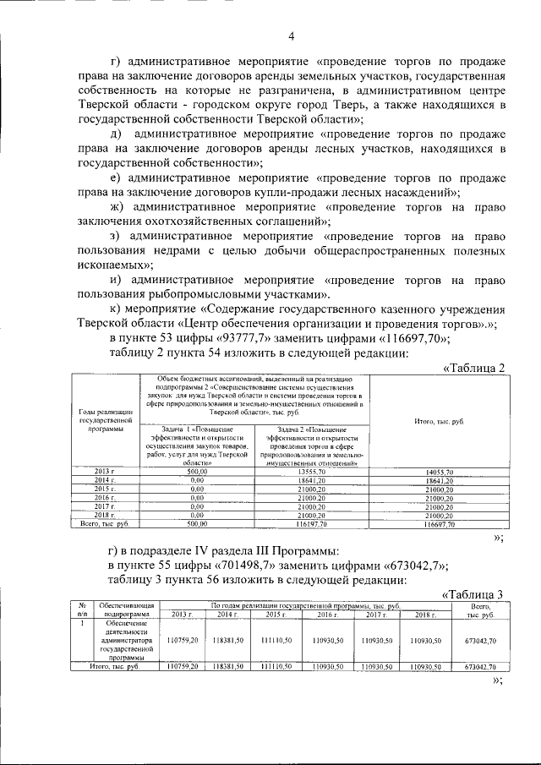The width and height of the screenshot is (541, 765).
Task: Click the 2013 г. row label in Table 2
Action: click(x=104, y=470)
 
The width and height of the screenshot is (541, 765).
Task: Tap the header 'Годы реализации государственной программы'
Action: click(x=104, y=419)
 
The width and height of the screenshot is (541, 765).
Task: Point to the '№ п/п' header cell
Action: click(x=82, y=609)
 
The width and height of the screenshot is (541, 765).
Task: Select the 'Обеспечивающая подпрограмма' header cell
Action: click(x=125, y=609)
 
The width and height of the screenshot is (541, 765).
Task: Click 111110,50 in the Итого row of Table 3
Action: click(x=278, y=667)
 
